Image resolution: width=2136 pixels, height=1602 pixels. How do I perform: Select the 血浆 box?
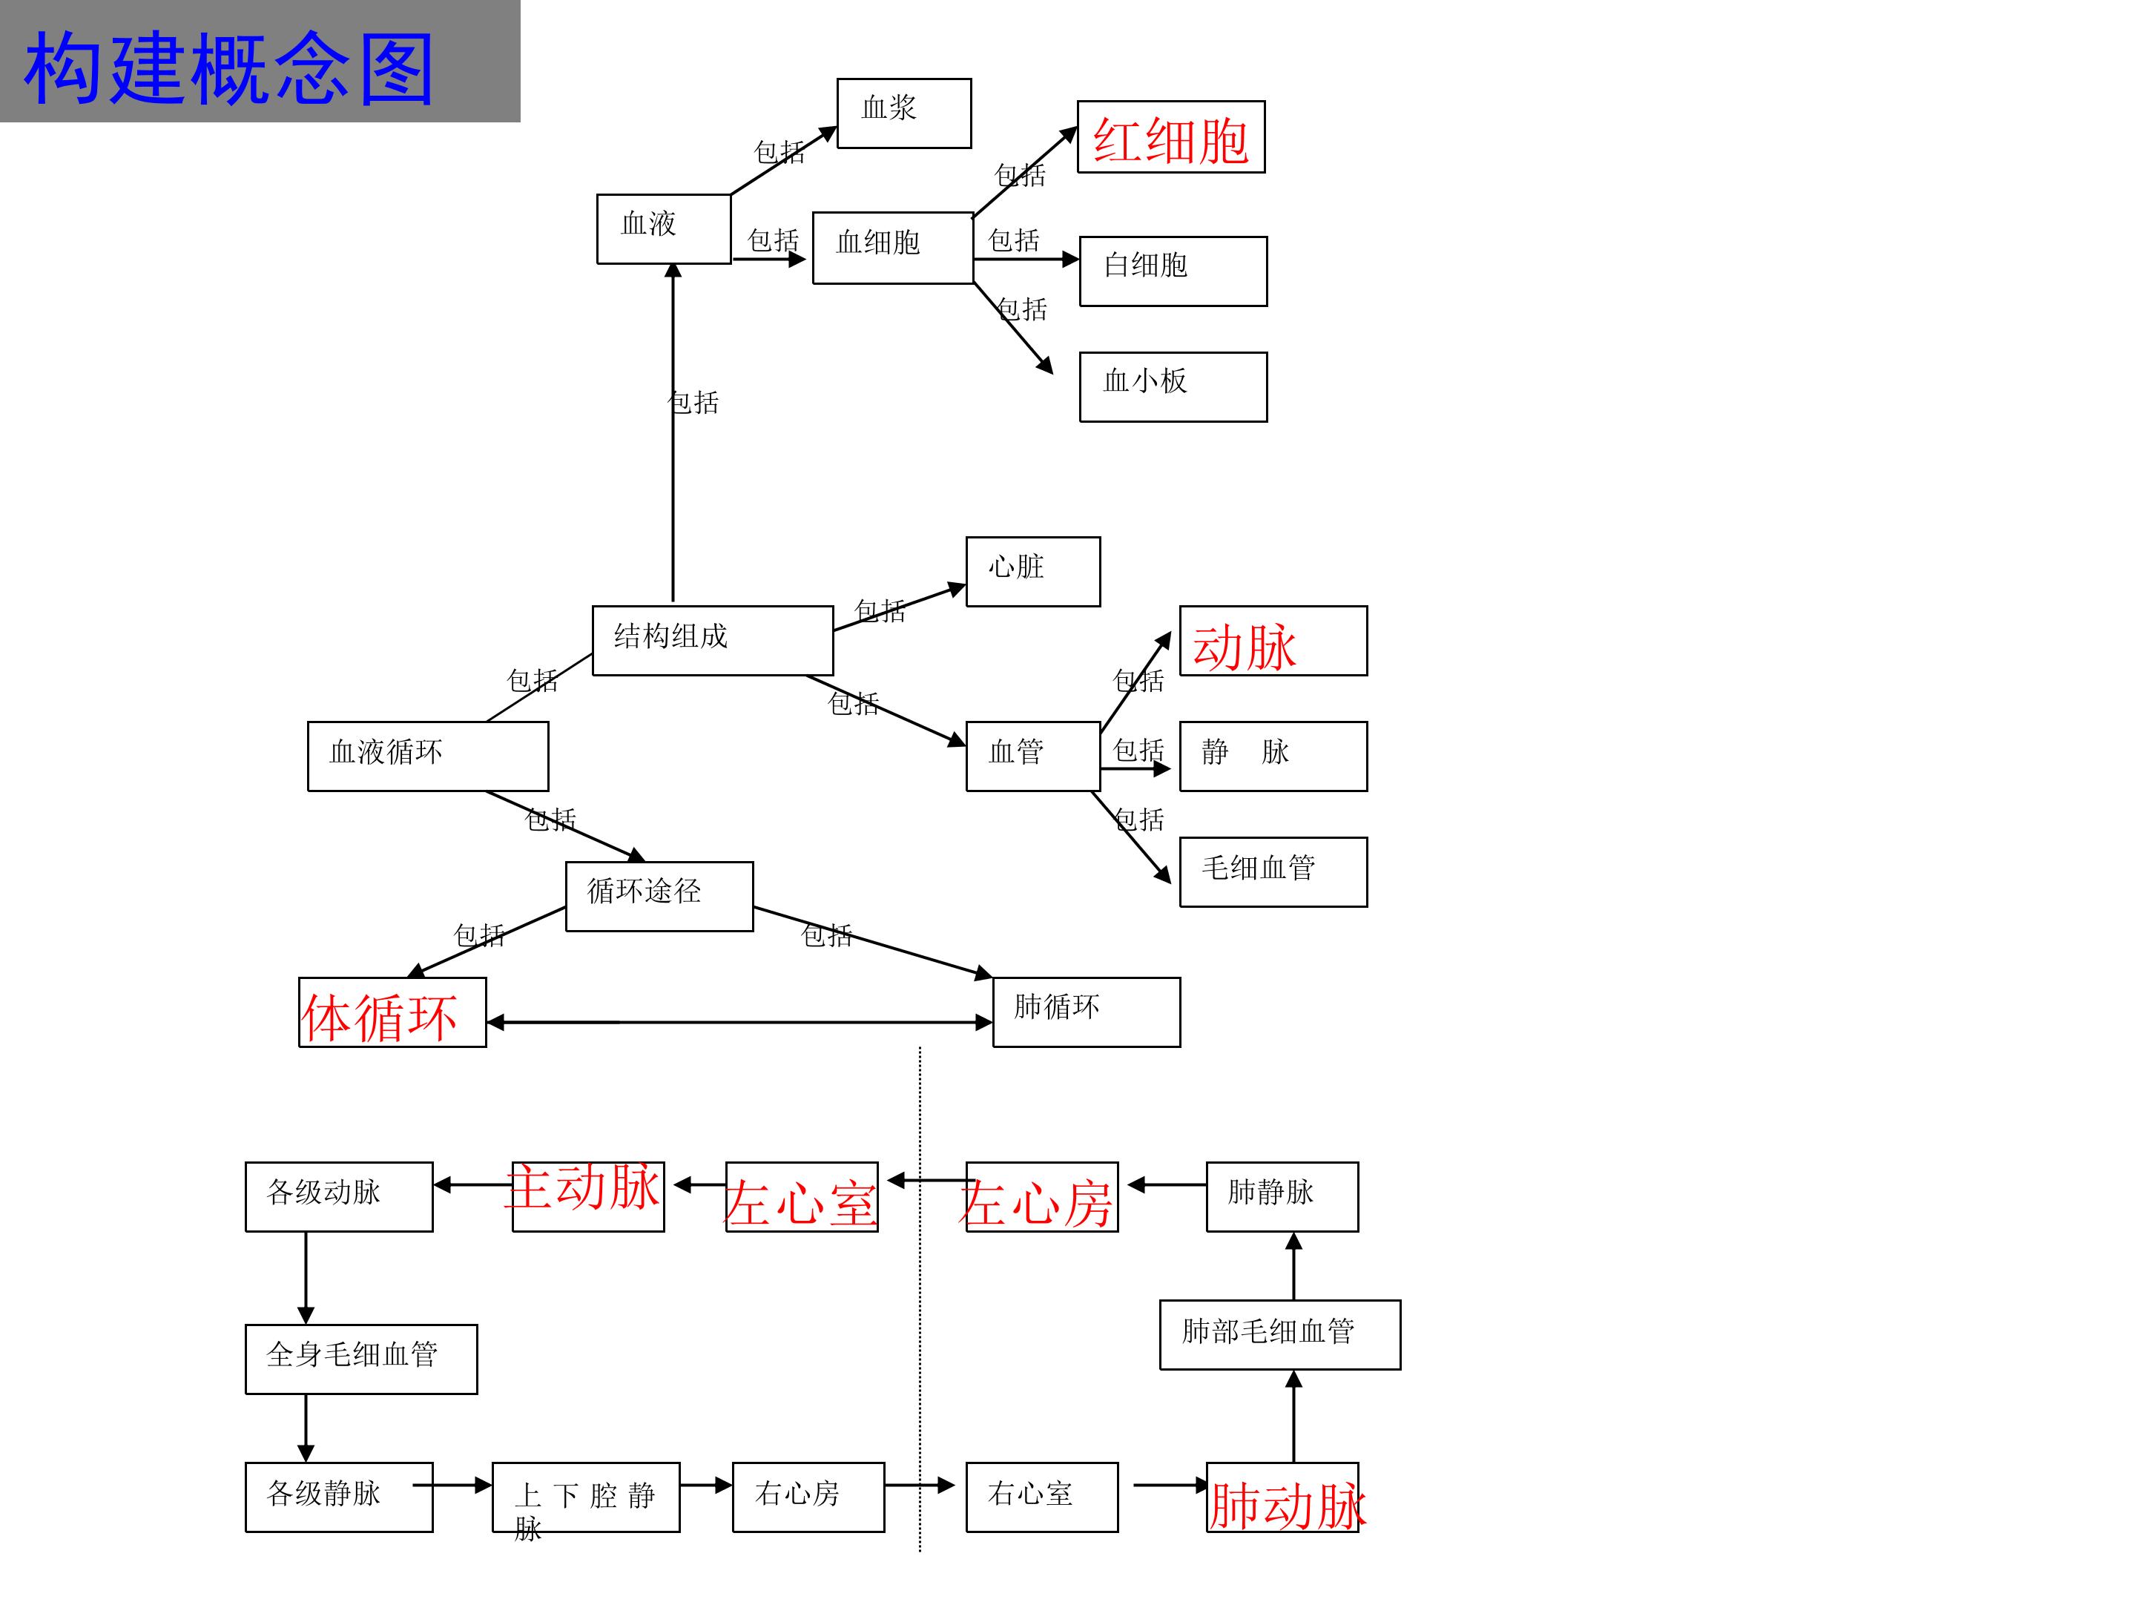tap(903, 113)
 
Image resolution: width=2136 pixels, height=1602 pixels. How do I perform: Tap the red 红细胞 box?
tap(1170, 137)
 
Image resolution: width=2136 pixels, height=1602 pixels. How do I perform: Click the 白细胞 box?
tap(1173, 271)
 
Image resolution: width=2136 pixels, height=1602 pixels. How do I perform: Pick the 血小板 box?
tap(1173, 386)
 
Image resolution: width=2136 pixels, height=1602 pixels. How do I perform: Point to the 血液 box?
tap(663, 229)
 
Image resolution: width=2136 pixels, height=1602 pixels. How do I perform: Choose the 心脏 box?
tap(1032, 572)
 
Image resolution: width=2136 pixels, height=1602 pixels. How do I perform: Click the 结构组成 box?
tap(712, 640)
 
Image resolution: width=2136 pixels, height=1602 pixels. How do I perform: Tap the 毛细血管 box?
tap(1272, 872)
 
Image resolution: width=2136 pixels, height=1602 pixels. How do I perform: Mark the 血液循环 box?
tap(426, 756)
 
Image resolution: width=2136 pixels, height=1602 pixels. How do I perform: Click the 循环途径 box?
tap(659, 896)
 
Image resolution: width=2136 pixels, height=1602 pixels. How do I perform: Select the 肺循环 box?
tap(1085, 1012)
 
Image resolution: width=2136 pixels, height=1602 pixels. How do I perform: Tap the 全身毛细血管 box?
tap(360, 1359)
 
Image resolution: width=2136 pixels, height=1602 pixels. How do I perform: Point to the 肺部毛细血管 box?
tap(1279, 1334)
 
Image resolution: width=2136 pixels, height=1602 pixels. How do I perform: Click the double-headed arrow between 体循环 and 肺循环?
tap(739, 1022)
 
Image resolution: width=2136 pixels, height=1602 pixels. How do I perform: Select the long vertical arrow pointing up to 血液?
tap(673, 435)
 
